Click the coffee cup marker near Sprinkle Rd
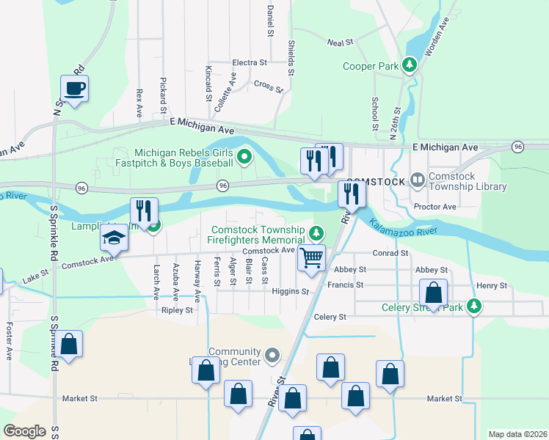coord(75,89)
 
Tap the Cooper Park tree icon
coord(410,66)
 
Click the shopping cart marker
coord(311,259)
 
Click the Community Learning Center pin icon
coord(272,356)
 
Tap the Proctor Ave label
coord(435,207)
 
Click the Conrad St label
coord(390,253)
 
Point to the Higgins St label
coord(294,292)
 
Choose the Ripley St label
coord(177,310)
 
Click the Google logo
coord(24,431)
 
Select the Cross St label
coord(268,86)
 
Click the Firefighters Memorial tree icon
coord(316,234)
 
